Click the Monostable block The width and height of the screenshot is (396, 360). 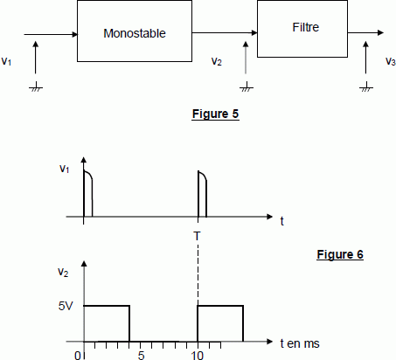[x=135, y=31]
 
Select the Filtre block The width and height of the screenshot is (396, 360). [x=302, y=29]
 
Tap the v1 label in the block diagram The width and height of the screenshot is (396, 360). [x=6, y=61]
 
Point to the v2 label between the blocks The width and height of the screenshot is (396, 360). [x=217, y=61]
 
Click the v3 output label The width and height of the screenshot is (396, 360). [x=391, y=61]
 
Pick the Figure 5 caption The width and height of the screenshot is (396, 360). [x=216, y=114]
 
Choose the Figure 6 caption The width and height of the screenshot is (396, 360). [x=340, y=254]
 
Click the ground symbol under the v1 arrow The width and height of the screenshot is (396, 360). [x=36, y=87]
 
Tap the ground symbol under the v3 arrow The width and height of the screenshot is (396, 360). [x=366, y=87]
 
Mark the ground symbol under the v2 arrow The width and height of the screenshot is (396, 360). [x=247, y=87]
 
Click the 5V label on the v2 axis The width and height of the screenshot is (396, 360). [x=66, y=306]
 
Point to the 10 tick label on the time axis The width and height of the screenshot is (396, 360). [x=197, y=355]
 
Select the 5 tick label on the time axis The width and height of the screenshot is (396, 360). [x=141, y=355]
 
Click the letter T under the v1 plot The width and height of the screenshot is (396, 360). [x=197, y=236]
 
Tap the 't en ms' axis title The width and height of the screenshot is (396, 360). [x=300, y=343]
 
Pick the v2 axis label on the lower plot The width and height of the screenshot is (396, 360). [x=63, y=273]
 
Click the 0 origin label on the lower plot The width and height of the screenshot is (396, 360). [x=78, y=356]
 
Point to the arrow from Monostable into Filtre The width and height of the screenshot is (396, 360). [x=225, y=32]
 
